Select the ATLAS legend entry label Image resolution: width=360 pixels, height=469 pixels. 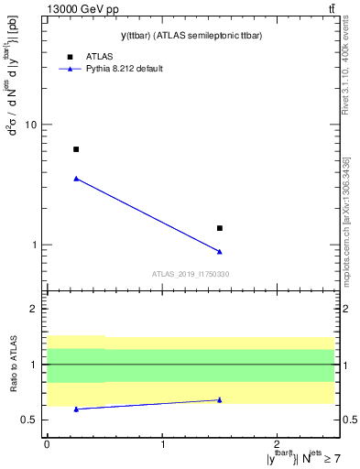(x=100, y=55)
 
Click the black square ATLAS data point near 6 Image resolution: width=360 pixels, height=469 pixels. (x=76, y=149)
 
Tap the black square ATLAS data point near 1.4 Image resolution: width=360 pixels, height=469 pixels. (x=220, y=228)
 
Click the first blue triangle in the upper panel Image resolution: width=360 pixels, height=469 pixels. (x=76, y=179)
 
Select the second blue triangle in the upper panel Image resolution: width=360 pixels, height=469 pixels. (x=220, y=251)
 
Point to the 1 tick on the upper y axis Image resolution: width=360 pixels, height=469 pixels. (x=37, y=245)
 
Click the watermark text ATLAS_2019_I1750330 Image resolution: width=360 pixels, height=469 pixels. (x=191, y=274)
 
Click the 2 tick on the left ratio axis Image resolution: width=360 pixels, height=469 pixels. (x=37, y=309)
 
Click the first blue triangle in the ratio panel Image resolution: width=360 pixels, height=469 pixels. (x=76, y=409)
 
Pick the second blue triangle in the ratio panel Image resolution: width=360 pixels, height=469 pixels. (x=220, y=399)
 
